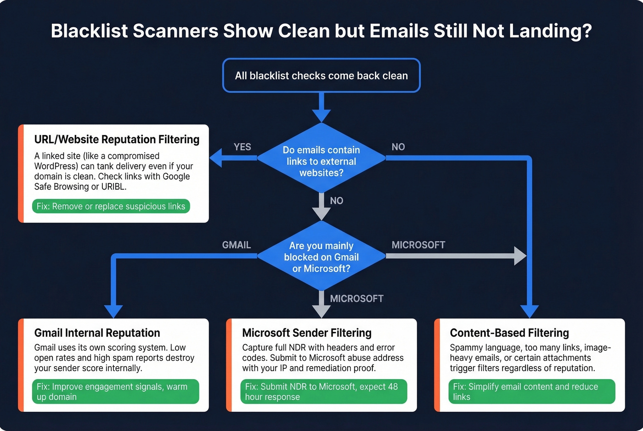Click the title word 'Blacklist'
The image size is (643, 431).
click(x=89, y=31)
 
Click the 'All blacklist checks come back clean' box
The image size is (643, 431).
click(x=321, y=76)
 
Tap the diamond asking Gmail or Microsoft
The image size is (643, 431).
click(x=321, y=257)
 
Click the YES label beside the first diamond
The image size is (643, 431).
click(x=242, y=147)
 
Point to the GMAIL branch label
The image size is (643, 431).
click(x=236, y=245)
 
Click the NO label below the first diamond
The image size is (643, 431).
click(x=336, y=201)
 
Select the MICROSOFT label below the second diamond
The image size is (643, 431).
click(x=356, y=299)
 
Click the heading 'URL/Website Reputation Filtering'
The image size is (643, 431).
click(x=117, y=140)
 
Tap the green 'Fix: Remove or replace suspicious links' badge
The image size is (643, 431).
click(x=111, y=207)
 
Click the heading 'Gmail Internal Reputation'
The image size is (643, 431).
click(x=97, y=333)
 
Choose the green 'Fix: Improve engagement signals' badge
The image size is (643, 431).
click(x=115, y=392)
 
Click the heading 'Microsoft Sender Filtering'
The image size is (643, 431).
click(x=306, y=333)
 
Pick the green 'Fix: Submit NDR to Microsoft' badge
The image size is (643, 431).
click(x=323, y=392)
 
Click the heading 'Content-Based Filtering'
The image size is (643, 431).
click(x=509, y=333)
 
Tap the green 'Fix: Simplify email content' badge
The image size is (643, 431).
click(x=531, y=392)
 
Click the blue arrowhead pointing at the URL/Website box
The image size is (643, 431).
click(x=216, y=158)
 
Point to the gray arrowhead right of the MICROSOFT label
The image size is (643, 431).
click(x=520, y=256)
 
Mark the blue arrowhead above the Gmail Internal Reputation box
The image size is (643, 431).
click(x=113, y=312)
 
